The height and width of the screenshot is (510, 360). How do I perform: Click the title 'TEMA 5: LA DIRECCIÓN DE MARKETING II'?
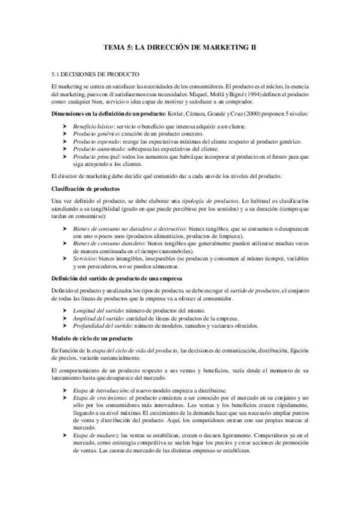pos(180,46)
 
